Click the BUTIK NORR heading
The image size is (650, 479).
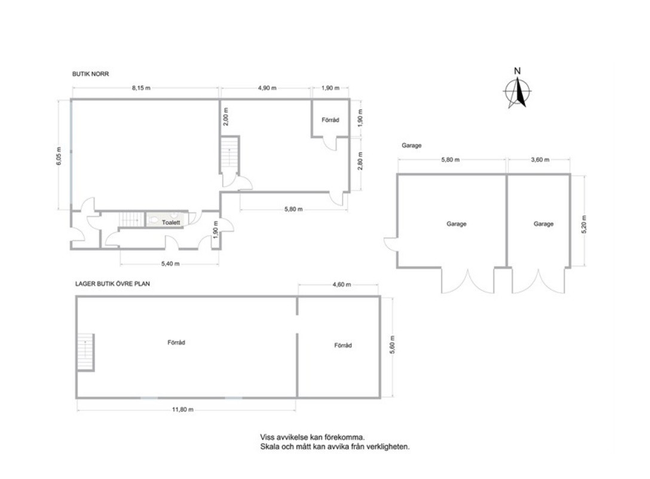tap(90, 73)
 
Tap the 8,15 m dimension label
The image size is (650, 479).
tap(141, 88)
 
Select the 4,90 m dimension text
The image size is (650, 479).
tap(267, 88)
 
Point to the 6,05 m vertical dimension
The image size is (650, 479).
tap(59, 156)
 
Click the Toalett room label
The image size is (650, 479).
tap(171, 223)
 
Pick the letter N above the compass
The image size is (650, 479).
tap(517, 71)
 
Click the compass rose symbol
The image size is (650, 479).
tap(517, 91)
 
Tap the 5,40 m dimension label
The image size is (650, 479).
tap(170, 263)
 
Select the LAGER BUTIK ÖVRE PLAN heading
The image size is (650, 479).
tap(112, 284)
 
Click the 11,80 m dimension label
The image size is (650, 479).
tap(182, 410)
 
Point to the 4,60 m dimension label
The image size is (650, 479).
tap(342, 284)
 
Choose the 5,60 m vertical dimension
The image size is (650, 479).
tap(393, 345)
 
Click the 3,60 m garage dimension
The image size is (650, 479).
tap(539, 159)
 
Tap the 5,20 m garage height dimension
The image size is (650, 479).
tap(584, 224)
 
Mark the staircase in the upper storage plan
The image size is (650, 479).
tap(86, 352)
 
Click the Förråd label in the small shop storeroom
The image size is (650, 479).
tap(330, 119)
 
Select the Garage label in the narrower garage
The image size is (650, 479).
tap(544, 224)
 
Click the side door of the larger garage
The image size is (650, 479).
tap(391, 244)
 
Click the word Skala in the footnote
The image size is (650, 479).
tap(269, 447)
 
